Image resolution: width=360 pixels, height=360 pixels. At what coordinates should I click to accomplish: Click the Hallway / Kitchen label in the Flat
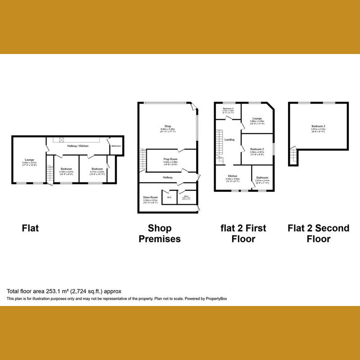tap(78, 146)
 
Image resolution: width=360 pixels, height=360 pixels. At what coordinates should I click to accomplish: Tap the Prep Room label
tap(170, 159)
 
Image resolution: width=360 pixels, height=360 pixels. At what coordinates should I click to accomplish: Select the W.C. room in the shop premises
tap(170, 198)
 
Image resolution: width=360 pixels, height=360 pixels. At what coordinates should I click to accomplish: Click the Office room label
tap(185, 196)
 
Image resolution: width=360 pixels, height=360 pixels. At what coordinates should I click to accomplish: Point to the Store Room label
tap(150, 197)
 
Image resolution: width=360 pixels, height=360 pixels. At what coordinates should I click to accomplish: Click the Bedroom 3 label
tap(319, 126)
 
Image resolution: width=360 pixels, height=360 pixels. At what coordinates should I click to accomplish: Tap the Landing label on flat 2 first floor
tap(229, 140)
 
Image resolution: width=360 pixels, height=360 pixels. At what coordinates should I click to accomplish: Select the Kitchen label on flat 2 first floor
tap(232, 176)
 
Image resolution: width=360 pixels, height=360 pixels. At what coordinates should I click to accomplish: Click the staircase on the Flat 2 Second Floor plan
tap(293, 156)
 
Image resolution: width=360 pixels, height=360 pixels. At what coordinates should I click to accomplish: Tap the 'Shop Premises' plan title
tap(160, 234)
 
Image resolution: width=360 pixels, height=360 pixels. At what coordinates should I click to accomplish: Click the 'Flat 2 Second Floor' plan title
tap(318, 234)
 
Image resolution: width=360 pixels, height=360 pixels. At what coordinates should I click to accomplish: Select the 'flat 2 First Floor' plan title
tap(243, 234)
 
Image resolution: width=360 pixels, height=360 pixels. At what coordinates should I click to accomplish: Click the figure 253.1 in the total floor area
tap(52, 291)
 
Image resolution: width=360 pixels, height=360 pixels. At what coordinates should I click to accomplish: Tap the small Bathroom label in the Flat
tap(117, 146)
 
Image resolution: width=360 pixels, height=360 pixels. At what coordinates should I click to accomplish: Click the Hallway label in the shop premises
tap(168, 178)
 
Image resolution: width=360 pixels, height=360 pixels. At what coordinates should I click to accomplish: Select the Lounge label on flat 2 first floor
tap(257, 118)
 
